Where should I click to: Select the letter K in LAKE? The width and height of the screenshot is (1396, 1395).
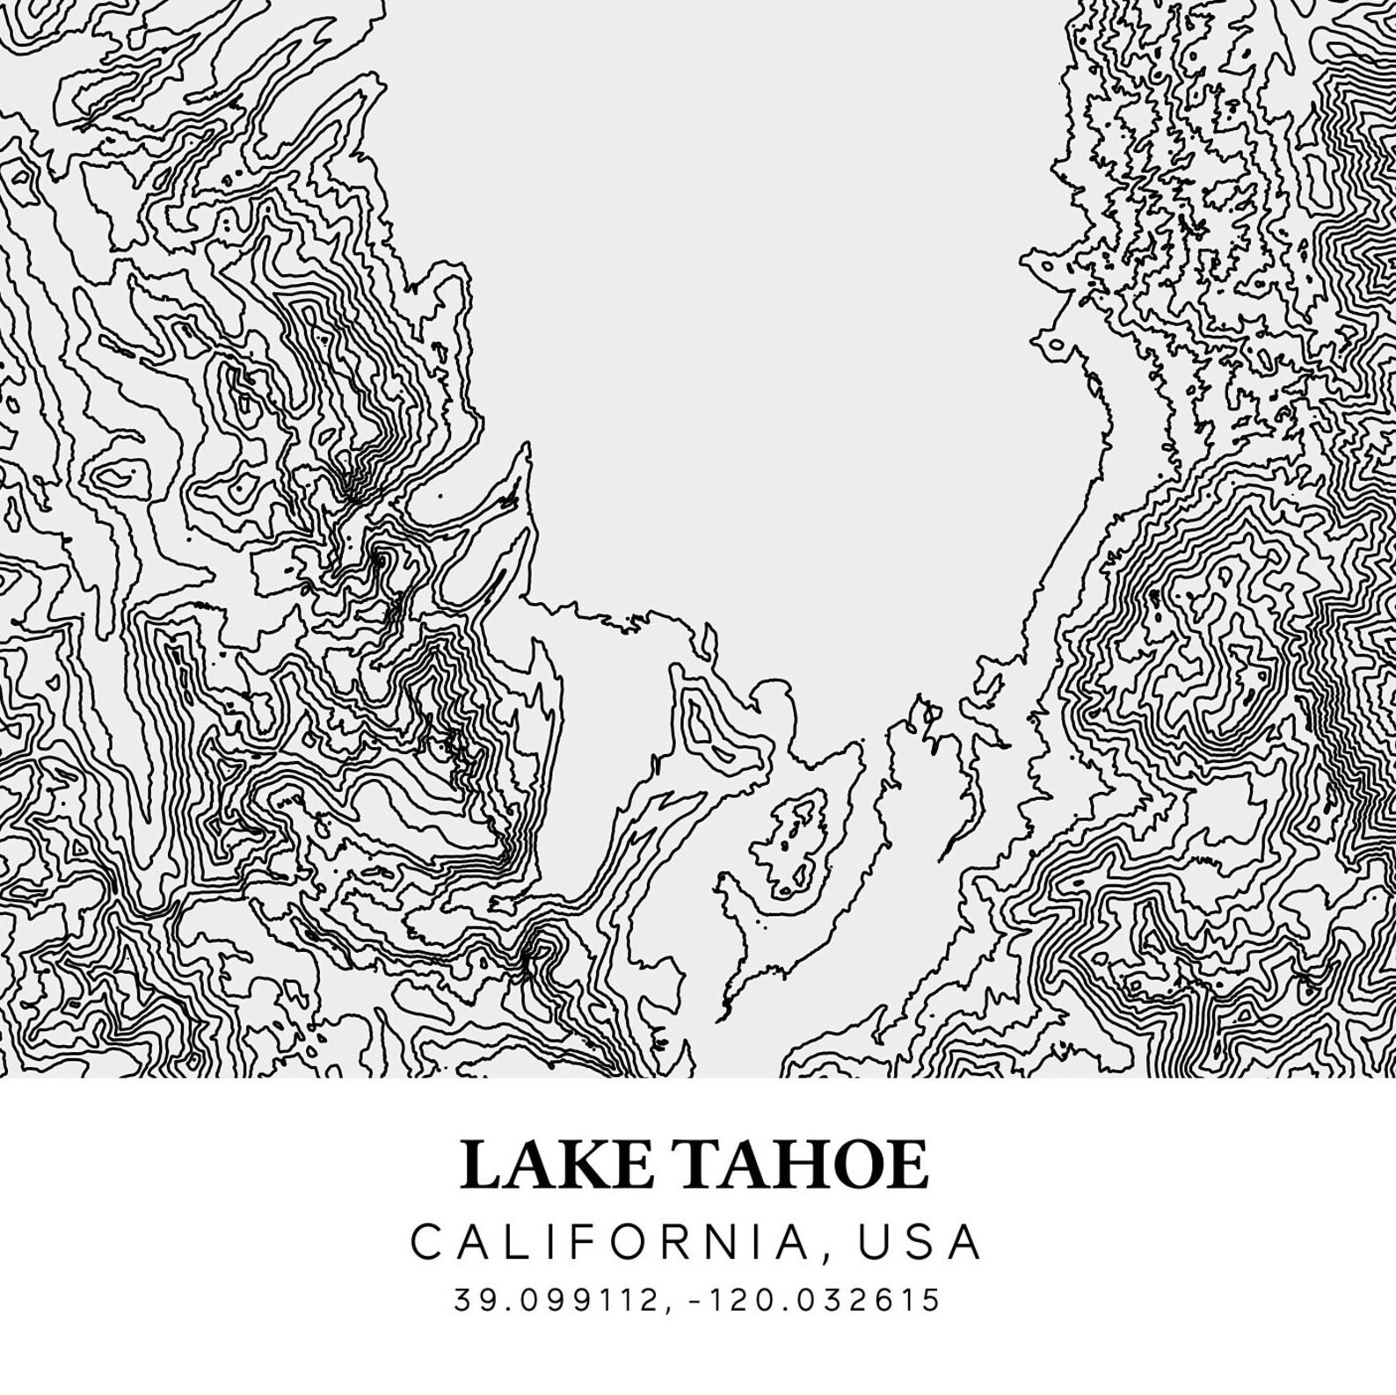pos(587,1164)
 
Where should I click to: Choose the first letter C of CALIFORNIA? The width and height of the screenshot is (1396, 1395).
pos(427,1242)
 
